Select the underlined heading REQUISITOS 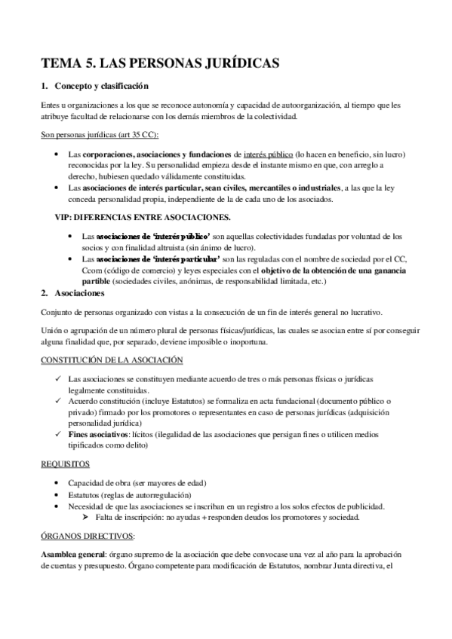65,463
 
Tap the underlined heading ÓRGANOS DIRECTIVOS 88,536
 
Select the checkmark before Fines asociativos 59,435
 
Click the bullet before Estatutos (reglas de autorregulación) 59,494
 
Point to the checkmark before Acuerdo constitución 59,402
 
